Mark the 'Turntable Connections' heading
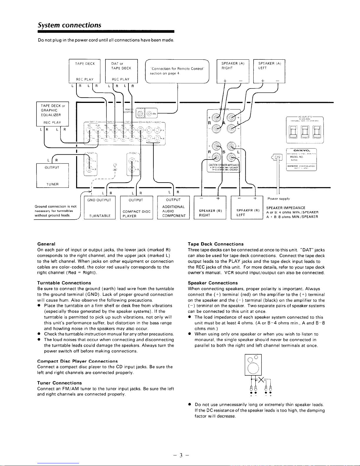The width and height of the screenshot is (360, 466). [64, 283]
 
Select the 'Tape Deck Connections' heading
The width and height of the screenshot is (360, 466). [216, 244]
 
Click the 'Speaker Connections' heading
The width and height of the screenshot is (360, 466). [213, 283]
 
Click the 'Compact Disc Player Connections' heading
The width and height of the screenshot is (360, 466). [78, 361]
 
